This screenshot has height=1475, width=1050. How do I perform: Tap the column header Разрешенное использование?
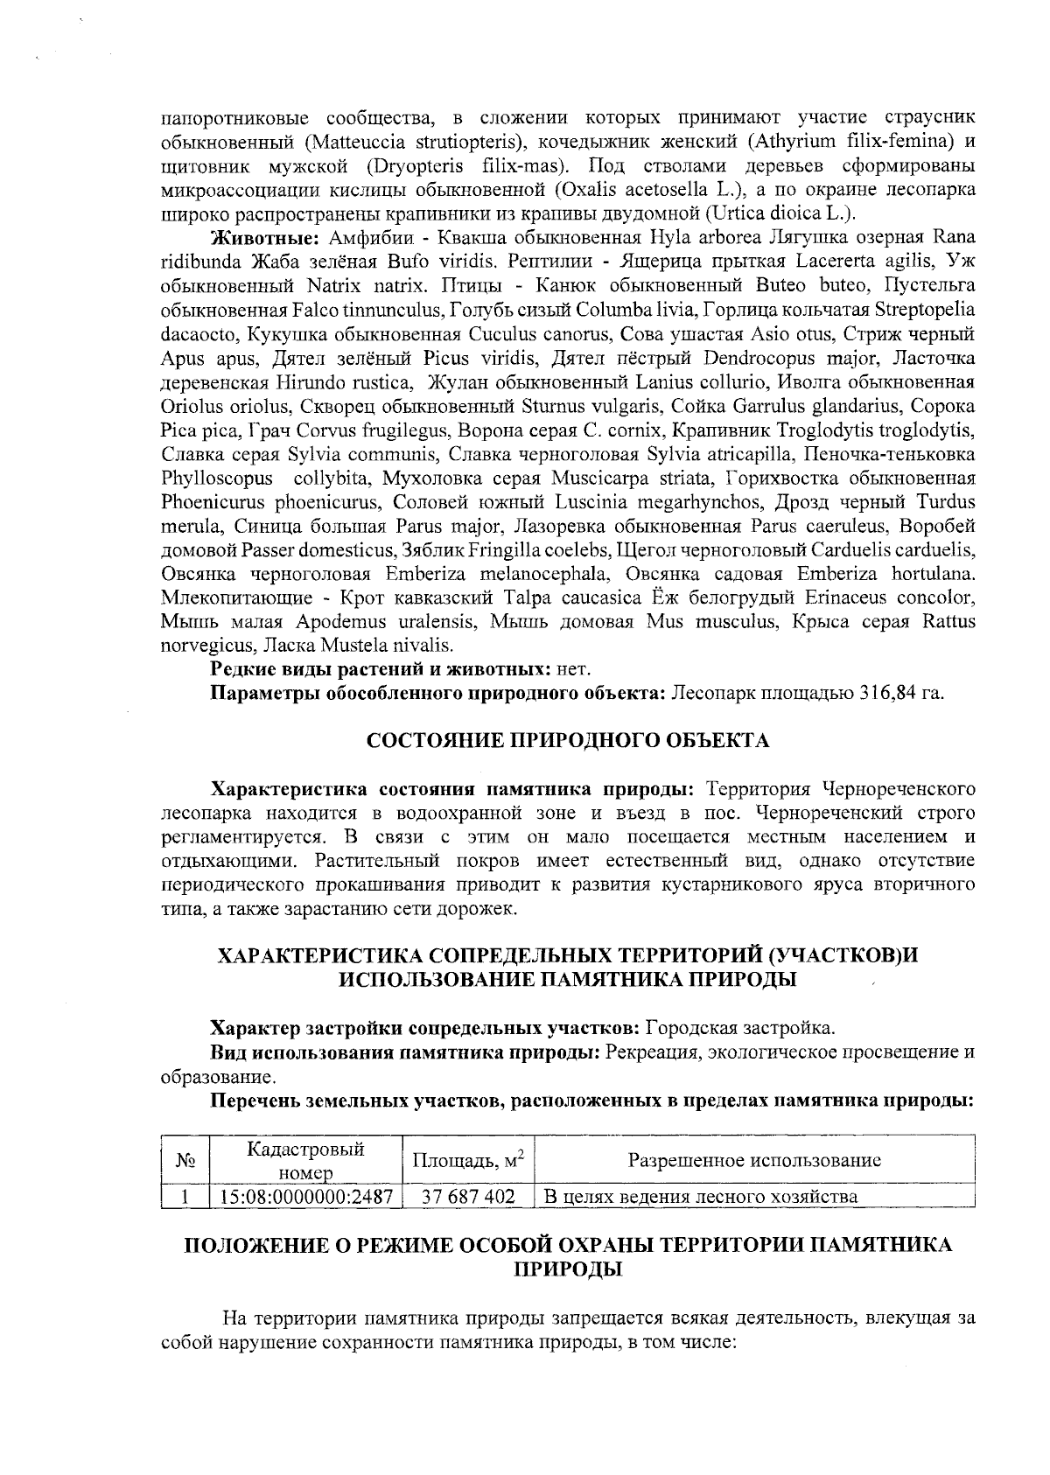pos(754,1160)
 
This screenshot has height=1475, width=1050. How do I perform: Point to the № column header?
pos(184,1160)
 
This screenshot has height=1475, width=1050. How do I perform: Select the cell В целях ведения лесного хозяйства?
pos(701,1196)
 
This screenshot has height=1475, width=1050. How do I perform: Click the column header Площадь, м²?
pos(467,1160)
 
